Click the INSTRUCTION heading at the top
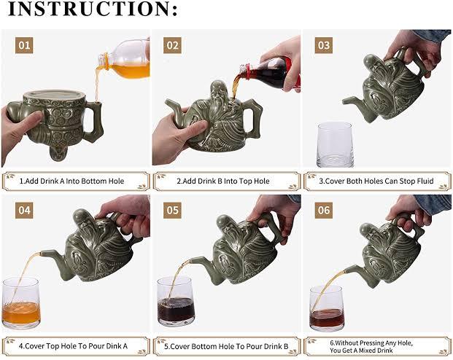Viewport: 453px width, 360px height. click(x=93, y=9)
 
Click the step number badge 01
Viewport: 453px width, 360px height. click(x=24, y=45)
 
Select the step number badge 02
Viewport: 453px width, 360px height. click(x=172, y=45)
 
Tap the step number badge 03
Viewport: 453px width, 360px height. click(x=324, y=45)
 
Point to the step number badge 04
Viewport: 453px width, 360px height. click(x=24, y=210)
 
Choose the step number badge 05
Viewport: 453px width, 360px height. click(x=172, y=210)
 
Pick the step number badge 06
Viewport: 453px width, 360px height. click(x=324, y=210)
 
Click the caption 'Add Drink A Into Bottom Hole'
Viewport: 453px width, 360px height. click(x=74, y=181)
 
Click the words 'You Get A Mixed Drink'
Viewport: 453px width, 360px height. click(x=361, y=351)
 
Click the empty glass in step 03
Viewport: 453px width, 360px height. click(x=335, y=144)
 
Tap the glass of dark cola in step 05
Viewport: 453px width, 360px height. click(x=177, y=301)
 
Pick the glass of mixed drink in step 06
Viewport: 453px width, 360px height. click(x=328, y=308)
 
